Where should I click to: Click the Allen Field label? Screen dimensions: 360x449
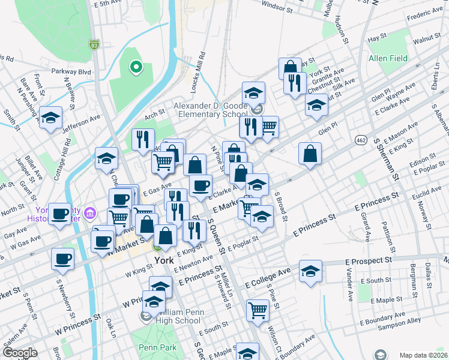[x=388, y=58]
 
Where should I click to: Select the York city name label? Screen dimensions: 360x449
[x=163, y=261]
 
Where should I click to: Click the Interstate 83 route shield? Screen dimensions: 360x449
[x=94, y=44]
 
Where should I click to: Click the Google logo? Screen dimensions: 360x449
[x=20, y=353]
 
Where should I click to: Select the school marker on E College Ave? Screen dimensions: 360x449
[x=310, y=271]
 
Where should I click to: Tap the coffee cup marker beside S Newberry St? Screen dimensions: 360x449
[x=62, y=259]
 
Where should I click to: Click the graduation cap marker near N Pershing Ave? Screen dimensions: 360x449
[x=51, y=116]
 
